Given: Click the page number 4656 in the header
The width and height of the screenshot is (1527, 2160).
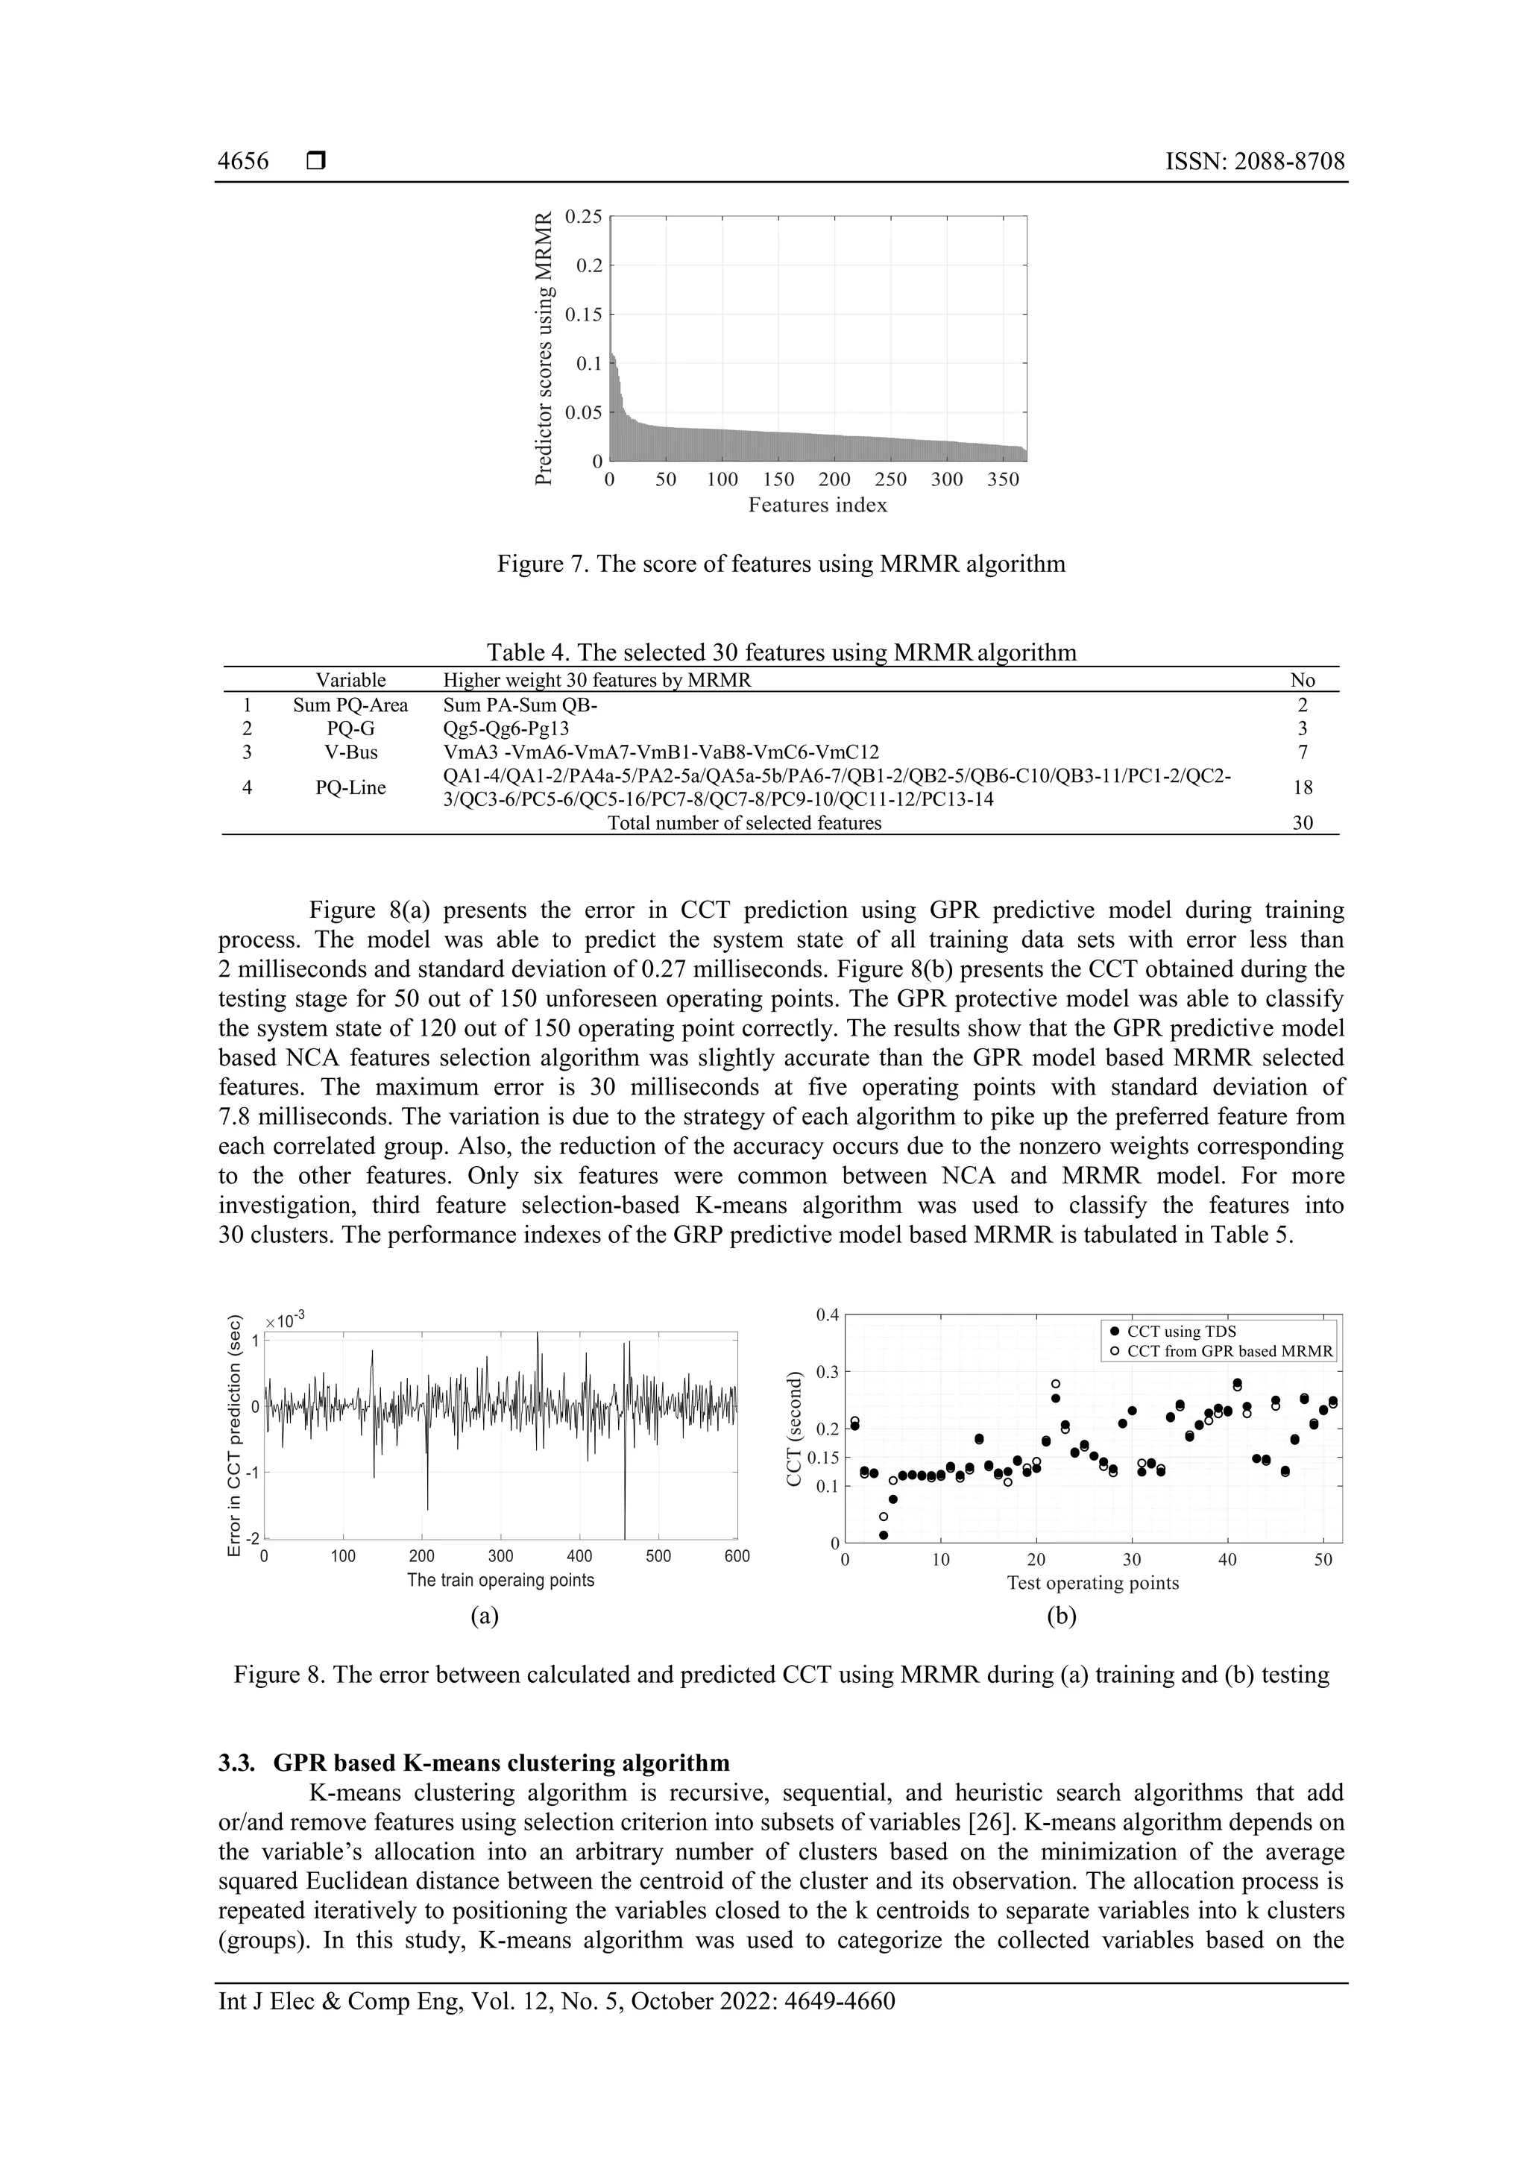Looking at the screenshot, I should pos(243,162).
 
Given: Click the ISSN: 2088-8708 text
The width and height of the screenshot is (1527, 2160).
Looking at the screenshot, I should pos(1255,162).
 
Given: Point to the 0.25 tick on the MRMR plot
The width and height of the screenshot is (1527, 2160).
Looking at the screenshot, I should pos(582,216).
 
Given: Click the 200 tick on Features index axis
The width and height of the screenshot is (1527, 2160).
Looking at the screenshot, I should pos(834,479).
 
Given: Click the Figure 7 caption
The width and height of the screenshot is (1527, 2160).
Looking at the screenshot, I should pos(781,564).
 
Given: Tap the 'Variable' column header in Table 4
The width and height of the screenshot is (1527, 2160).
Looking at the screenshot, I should pos(350,680).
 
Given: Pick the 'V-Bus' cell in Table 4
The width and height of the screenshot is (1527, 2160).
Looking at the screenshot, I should pos(350,752).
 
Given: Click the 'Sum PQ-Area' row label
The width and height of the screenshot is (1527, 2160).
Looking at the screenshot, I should pos(350,705).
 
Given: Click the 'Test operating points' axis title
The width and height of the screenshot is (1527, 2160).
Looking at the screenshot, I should pos(1092,1584).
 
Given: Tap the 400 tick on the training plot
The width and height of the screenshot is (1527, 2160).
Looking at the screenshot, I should pos(579,1556).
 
